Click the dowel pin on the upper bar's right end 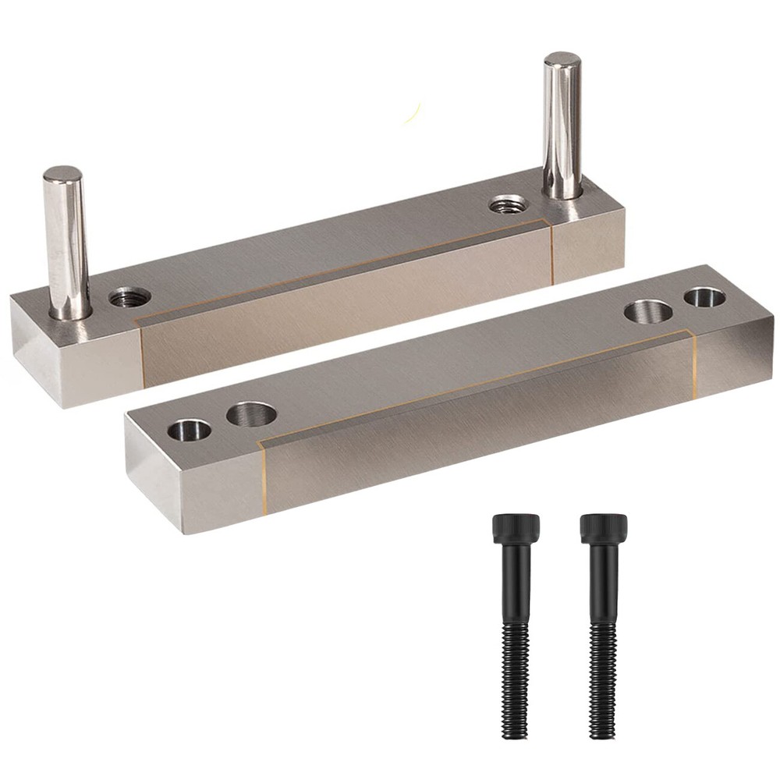(562, 125)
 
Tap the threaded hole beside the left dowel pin (129, 297)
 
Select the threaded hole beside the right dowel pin (508, 205)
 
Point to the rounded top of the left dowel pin (63, 174)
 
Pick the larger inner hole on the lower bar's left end (251, 413)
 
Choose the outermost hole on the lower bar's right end (705, 296)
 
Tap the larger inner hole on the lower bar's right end (648, 311)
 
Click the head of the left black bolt (516, 529)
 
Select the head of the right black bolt (604, 529)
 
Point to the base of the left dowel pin (69, 312)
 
